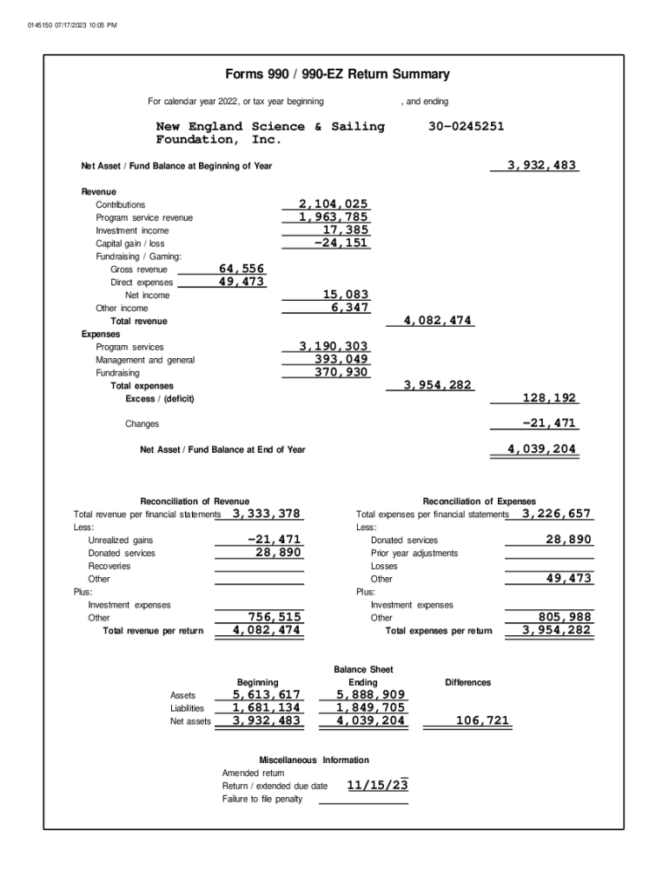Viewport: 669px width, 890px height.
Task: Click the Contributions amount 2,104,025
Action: pos(333,204)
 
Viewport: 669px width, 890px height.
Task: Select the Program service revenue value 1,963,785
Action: pos(333,217)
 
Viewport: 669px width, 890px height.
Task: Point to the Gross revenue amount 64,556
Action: pos(242,269)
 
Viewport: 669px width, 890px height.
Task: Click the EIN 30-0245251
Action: pos(466,127)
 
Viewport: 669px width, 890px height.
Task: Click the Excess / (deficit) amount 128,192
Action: pos(549,398)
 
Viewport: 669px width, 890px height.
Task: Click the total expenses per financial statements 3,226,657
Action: pos(556,514)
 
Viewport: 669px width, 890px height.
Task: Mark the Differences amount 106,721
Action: pos(482,721)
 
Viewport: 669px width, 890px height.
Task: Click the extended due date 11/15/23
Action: pos(377,786)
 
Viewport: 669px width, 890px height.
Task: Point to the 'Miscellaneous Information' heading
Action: pos(314,760)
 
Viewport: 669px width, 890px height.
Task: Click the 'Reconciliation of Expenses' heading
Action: pos(479,501)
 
